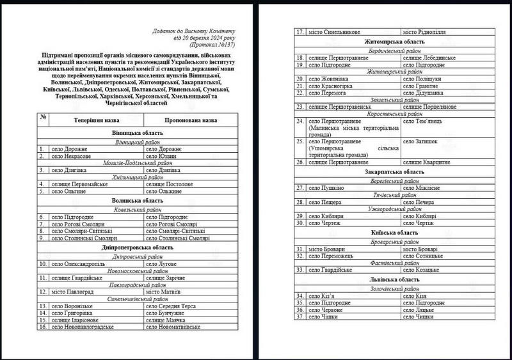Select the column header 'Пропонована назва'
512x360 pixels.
pos(191,120)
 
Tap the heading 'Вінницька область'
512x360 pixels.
pos(134,133)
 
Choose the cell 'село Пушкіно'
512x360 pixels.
pos(326,188)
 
